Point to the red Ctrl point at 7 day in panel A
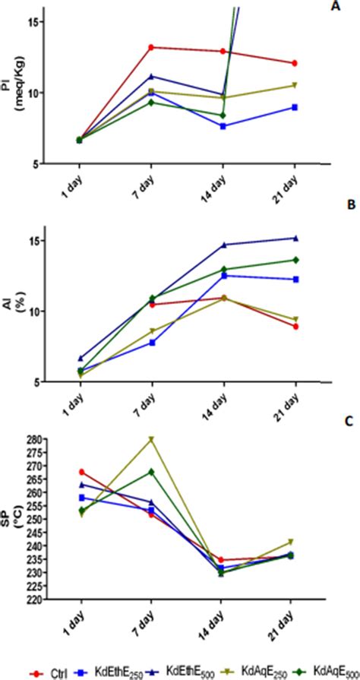pos(151,47)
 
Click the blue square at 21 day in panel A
pos(295,107)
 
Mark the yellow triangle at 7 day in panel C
pos(151,439)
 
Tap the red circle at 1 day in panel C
pos(81,472)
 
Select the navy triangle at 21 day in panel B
pos(295,238)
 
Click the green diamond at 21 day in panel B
pos(295,260)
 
